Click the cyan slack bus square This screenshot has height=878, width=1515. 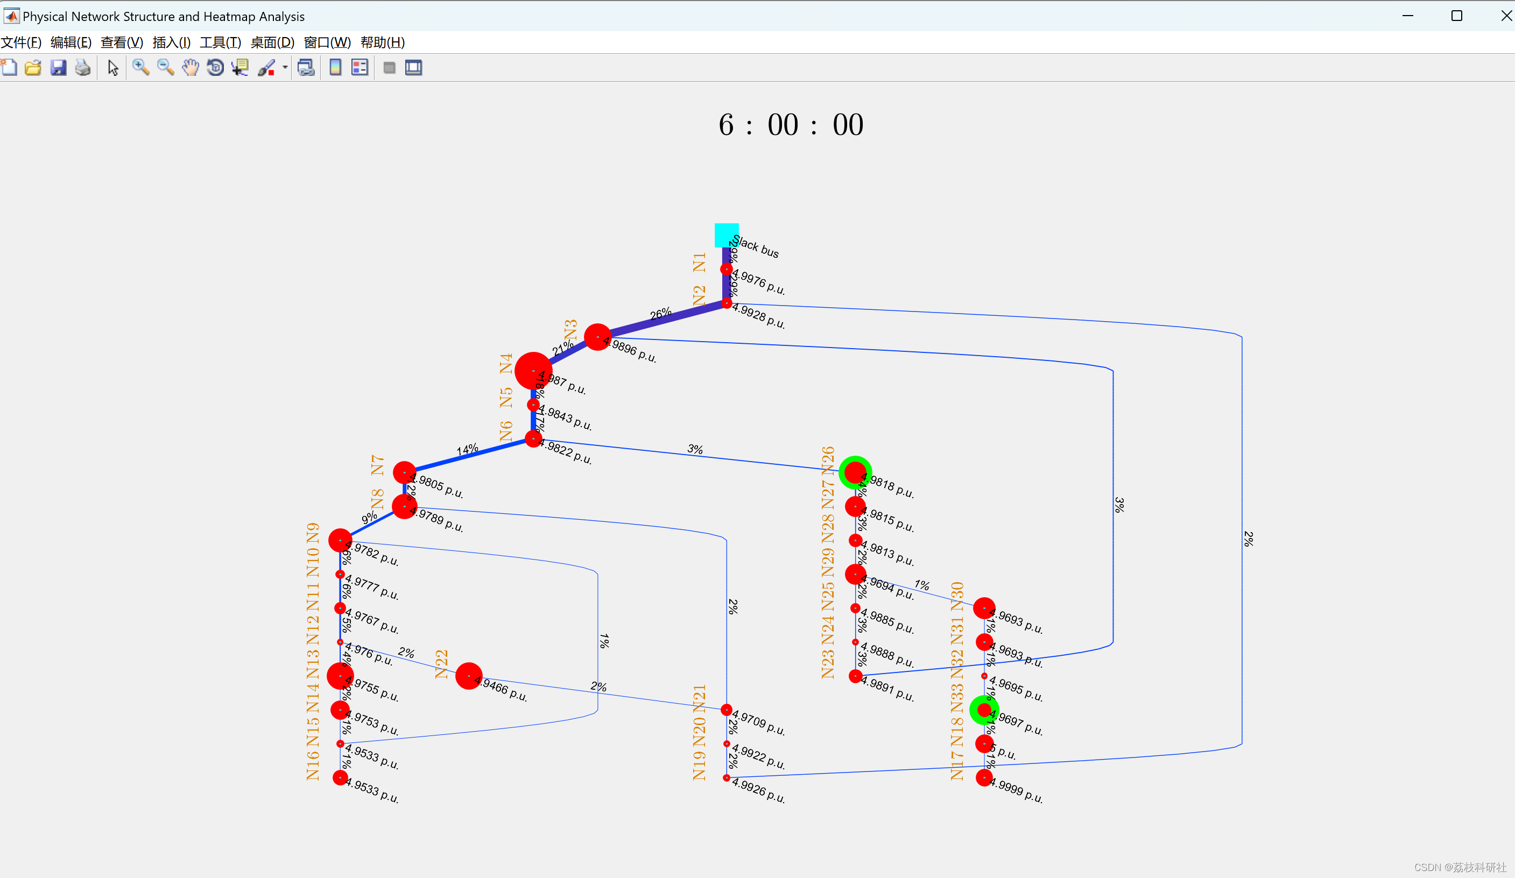[726, 235]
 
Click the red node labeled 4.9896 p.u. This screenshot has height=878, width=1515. [597, 337]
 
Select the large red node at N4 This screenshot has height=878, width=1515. [533, 370]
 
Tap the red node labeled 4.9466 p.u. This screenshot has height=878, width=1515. [468, 676]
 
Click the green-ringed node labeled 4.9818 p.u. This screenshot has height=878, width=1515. [855, 472]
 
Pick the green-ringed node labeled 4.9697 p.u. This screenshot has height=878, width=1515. [984, 710]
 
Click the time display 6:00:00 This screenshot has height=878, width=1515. [791, 125]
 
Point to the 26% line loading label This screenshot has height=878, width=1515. [660, 314]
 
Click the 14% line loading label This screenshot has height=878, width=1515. [467, 449]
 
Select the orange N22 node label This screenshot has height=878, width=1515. [442, 664]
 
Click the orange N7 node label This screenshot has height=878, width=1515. [377, 465]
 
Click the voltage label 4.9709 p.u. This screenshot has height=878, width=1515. [758, 723]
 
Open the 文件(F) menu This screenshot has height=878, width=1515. [21, 43]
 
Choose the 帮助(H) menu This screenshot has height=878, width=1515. [382, 43]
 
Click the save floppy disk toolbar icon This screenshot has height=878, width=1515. [58, 68]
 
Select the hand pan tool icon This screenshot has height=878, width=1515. [190, 68]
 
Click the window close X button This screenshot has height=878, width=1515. [1506, 16]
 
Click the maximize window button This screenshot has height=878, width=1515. [1456, 16]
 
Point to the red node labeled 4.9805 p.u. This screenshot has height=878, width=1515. [404, 472]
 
